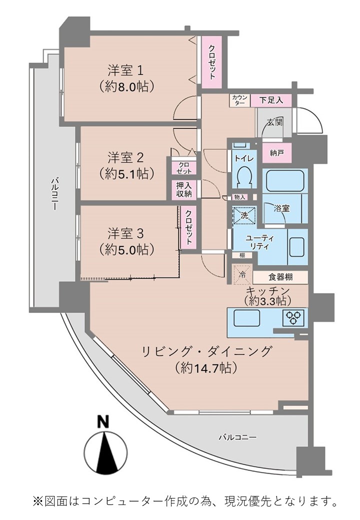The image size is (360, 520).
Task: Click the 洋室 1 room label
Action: [x=125, y=70]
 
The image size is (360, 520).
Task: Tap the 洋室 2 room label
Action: [x=125, y=157]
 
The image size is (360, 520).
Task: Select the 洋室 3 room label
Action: [x=125, y=233]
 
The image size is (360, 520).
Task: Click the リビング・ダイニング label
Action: [x=207, y=351]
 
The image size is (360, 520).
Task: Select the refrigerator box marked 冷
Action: [x=242, y=274]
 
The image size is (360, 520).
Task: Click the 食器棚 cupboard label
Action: [x=280, y=277]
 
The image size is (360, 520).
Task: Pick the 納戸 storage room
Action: [x=277, y=153]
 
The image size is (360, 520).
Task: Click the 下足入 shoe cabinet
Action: [x=271, y=100]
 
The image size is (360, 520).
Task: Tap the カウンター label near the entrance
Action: [x=239, y=100]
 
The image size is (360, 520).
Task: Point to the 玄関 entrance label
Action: [x=275, y=122]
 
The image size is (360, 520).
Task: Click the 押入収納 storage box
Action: [x=184, y=190]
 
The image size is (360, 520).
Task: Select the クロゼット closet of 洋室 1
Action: [x=212, y=62]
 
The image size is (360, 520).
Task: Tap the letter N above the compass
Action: [x=104, y=421]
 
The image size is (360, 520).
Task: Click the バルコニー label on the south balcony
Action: [x=237, y=437]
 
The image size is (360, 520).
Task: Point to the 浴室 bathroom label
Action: [x=282, y=208]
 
